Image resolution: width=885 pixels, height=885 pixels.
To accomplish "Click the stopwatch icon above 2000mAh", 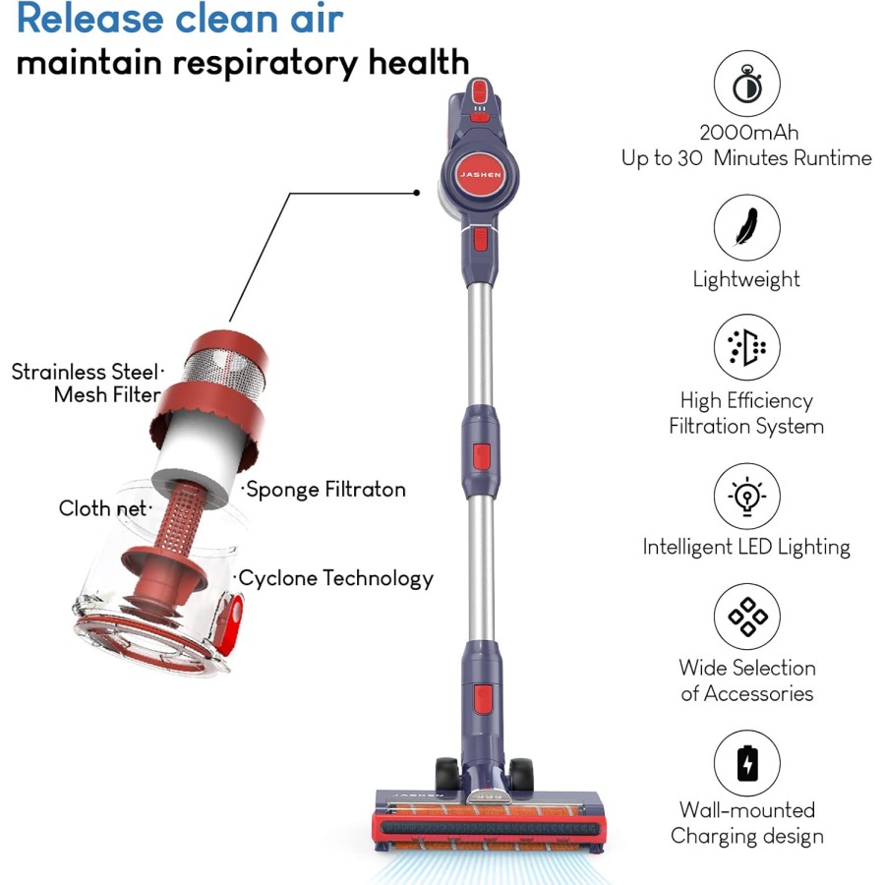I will tap(746, 85).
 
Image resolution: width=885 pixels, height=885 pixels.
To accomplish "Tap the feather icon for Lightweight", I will tap(746, 227).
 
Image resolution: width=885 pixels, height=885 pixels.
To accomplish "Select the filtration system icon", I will tap(746, 347).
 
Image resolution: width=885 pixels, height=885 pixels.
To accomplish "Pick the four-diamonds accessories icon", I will tap(746, 617).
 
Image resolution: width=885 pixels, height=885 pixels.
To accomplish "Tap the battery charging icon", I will tap(746, 761).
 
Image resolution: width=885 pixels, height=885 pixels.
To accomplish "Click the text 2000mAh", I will tap(746, 133).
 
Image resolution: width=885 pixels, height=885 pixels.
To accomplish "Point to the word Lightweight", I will tap(746, 279).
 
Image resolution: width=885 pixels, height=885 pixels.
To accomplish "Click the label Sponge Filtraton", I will tap(324, 489).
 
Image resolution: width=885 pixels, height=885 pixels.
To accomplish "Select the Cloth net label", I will tap(102, 508).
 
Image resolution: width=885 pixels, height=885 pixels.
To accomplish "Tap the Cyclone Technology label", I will tap(335, 578).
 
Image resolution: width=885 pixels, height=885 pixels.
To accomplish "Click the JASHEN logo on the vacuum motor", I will tap(479, 174).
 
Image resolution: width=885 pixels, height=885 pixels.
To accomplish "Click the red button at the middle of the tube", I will tap(481, 455).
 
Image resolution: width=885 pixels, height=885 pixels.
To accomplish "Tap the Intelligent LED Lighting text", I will tap(746, 547).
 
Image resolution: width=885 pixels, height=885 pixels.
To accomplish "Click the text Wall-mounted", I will tap(746, 810).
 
